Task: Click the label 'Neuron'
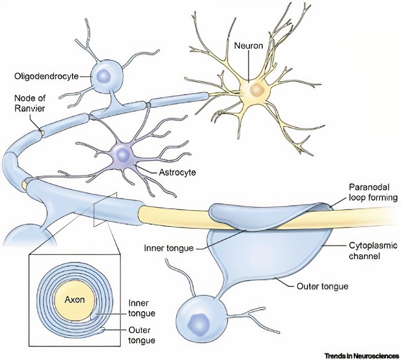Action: tap(249, 46)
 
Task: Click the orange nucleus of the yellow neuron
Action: tap(256, 90)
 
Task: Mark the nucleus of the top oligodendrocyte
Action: tap(104, 76)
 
